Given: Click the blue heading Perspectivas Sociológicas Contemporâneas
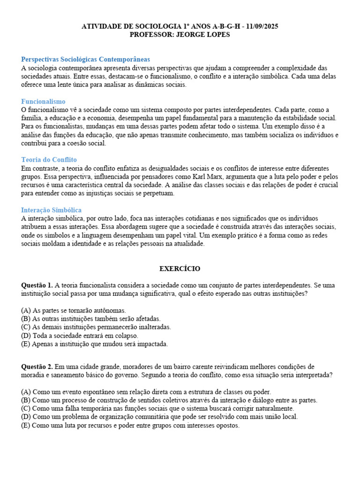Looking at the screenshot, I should pos(86,60).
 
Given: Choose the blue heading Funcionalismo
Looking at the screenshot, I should pos(43,102).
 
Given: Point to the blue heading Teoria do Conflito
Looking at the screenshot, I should pos(49,160).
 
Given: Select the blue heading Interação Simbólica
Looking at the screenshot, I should pos(52,210).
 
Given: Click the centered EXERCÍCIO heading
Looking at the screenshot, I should pos(180,269).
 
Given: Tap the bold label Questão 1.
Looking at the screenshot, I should pos(37,285).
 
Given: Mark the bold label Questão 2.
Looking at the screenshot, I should pos(37,367).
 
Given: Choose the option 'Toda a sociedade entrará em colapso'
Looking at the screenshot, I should pos(80,335).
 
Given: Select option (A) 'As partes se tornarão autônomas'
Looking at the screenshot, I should pos(74,310).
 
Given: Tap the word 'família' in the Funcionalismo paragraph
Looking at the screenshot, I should pos(31,118).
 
